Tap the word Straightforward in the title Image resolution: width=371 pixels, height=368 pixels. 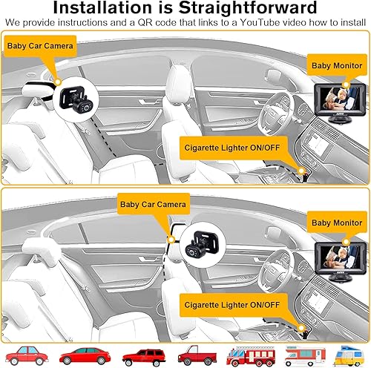242,9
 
